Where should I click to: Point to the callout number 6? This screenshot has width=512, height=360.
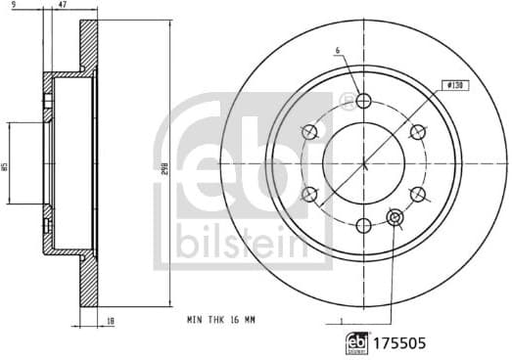336,51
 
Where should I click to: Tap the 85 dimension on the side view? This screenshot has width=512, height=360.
8,166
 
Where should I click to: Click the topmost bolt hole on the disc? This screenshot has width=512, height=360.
364,101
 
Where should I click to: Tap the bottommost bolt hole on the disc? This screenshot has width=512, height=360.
364,226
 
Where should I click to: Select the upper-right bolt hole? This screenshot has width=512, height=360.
418,132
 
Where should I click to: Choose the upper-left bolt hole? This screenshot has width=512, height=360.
310,132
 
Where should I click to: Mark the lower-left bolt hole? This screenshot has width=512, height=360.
310,195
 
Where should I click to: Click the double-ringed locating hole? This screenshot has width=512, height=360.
396,217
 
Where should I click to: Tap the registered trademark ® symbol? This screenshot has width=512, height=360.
345,99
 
